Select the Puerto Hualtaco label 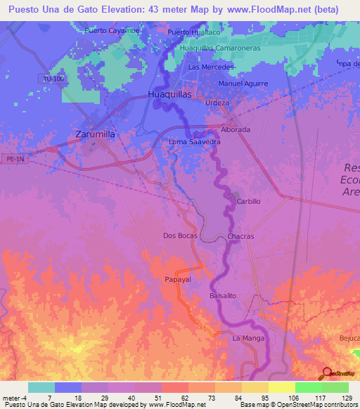pos(194,32)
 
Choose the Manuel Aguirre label pos(243,83)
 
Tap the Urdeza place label pos(217,103)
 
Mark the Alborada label pos(236,130)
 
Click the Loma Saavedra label pos(195,142)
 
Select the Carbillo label pos(249,201)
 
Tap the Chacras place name pos(241,237)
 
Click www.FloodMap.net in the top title pos(268,10)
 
